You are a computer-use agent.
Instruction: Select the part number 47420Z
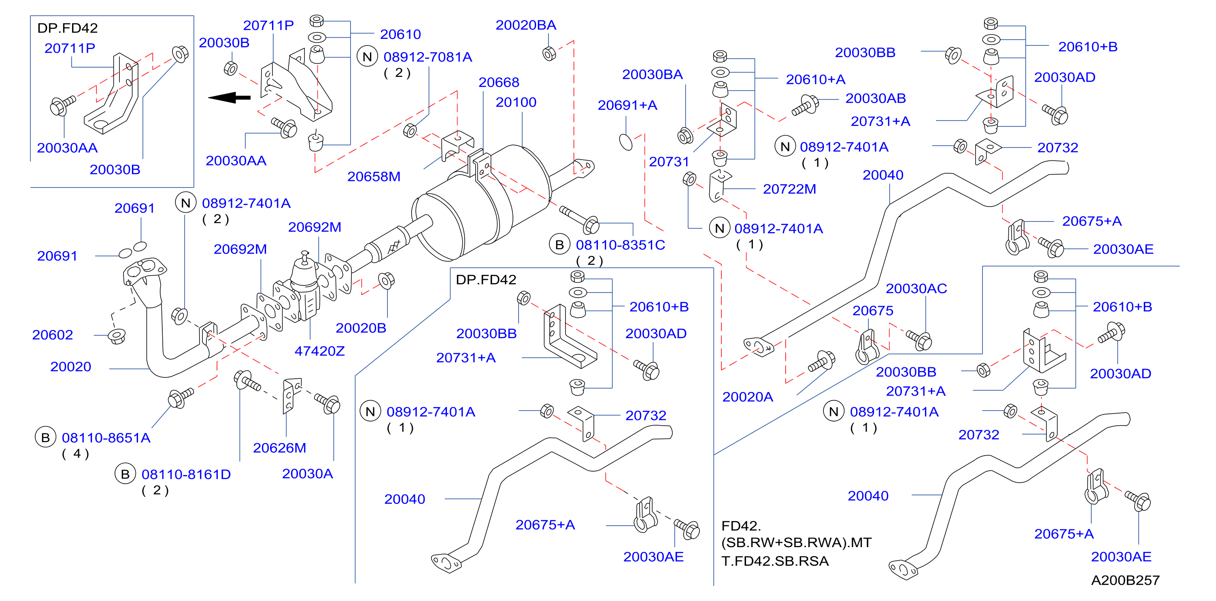[319, 351]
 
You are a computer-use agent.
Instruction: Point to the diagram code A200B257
[1125, 580]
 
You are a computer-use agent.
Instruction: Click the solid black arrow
[230, 98]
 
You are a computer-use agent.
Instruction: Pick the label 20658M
[374, 177]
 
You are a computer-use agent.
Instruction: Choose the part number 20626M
[279, 448]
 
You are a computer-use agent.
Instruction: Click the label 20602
[52, 335]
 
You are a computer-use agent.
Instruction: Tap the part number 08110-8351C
[620, 245]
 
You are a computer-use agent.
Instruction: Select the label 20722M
[789, 189]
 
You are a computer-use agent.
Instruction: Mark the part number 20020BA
[526, 26]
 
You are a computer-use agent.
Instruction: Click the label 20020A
[748, 397]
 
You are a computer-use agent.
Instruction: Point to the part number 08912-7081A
[428, 57]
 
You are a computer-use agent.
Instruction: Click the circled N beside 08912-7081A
[367, 57]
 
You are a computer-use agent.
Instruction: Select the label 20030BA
[653, 75]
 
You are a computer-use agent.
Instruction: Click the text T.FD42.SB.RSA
[775, 561]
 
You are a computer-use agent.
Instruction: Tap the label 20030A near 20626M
[307, 474]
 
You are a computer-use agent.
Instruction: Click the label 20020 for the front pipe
[71, 367]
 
